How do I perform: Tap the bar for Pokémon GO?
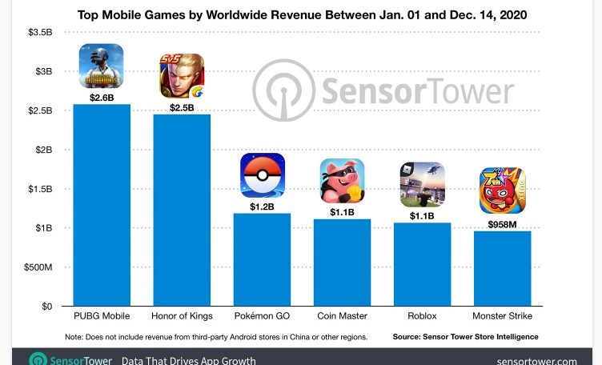[262, 259]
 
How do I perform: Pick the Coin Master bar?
[342, 263]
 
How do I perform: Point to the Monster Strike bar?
[502, 268]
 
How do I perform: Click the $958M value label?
[502, 224]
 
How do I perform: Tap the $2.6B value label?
[102, 97]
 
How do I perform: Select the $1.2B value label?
[262, 207]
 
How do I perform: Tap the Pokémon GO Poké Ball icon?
[263, 175]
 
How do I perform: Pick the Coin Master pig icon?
[342, 181]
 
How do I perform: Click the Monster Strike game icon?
[502, 191]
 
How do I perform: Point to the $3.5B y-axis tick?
[39, 32]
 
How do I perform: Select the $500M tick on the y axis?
[37, 267]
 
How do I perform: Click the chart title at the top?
[300, 14]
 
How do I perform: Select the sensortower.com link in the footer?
[536, 360]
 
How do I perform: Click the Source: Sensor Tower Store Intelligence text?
[465, 337]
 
